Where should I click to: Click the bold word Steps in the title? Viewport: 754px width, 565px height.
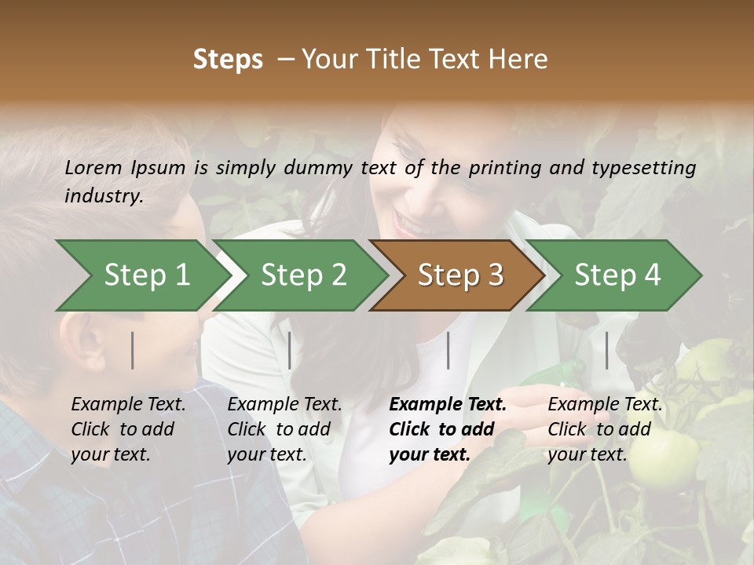coord(228,60)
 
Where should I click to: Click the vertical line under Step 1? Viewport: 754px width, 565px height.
coord(133,350)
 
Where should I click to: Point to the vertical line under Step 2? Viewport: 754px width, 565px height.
coord(290,350)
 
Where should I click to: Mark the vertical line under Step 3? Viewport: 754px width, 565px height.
coord(448,350)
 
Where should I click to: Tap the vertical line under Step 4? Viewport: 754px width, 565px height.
coord(606,350)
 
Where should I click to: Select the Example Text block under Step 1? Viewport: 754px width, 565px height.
coord(128,428)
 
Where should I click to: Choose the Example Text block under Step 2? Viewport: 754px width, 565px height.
coord(284,428)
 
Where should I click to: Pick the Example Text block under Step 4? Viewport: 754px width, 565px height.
coord(605,428)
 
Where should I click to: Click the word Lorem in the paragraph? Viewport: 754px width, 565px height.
coord(93,167)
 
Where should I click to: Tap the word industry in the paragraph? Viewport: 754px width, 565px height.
coord(103,195)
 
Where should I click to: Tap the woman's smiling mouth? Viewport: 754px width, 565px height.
coord(408,222)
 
